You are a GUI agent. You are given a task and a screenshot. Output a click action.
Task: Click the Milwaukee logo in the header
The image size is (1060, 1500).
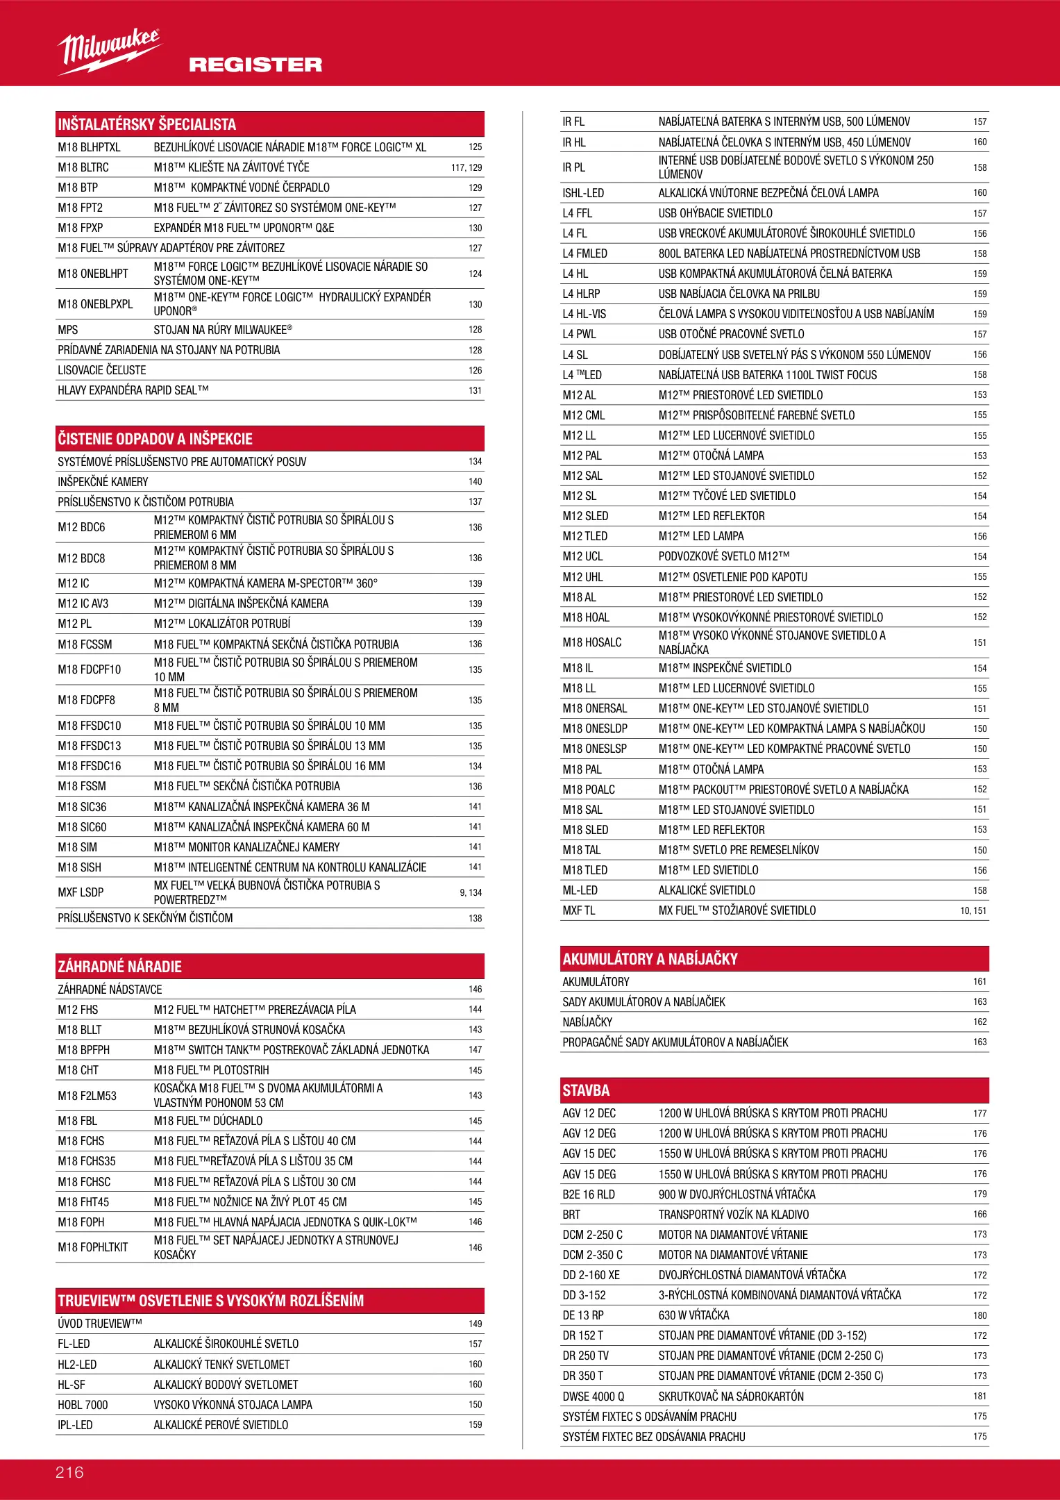click(x=109, y=51)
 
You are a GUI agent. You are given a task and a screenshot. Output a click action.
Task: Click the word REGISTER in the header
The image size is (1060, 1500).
click(x=255, y=65)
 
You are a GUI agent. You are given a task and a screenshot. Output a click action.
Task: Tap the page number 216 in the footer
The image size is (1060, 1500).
click(x=69, y=1472)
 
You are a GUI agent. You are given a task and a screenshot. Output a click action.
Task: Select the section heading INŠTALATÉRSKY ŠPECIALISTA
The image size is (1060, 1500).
click(x=147, y=124)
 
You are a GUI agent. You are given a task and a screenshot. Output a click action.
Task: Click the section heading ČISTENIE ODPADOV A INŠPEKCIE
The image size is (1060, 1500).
click(x=155, y=439)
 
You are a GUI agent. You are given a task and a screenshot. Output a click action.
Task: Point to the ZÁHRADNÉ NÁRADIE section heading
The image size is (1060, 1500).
click(x=120, y=967)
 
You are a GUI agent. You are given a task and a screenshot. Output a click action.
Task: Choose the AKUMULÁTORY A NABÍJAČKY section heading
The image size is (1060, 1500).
click(x=650, y=959)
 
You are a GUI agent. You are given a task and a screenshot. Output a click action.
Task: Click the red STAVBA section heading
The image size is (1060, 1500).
click(x=587, y=1090)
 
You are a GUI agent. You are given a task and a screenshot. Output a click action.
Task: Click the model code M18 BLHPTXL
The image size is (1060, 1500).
click(x=90, y=147)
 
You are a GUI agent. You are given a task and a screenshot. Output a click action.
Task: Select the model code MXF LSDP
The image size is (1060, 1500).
click(x=81, y=892)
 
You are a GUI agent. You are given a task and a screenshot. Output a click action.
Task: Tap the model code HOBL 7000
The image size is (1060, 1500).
click(x=83, y=1405)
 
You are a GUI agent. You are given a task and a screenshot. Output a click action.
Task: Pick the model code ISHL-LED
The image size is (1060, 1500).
click(x=583, y=193)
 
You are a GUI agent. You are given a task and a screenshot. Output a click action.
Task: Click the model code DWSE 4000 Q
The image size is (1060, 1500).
click(x=594, y=1396)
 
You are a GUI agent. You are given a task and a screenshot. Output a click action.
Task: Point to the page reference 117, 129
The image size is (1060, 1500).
click(x=466, y=167)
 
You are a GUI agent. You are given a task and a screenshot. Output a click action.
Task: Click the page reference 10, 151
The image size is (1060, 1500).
click(x=973, y=910)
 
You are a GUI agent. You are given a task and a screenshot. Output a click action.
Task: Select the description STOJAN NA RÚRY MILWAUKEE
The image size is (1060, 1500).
click(x=223, y=330)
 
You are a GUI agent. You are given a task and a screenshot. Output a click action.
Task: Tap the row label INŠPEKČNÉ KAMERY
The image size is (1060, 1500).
click(x=103, y=482)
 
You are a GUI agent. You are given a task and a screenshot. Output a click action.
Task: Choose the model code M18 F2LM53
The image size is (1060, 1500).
click(x=87, y=1096)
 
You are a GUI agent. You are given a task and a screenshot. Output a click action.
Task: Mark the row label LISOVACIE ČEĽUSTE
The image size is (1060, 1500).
click(x=102, y=370)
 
